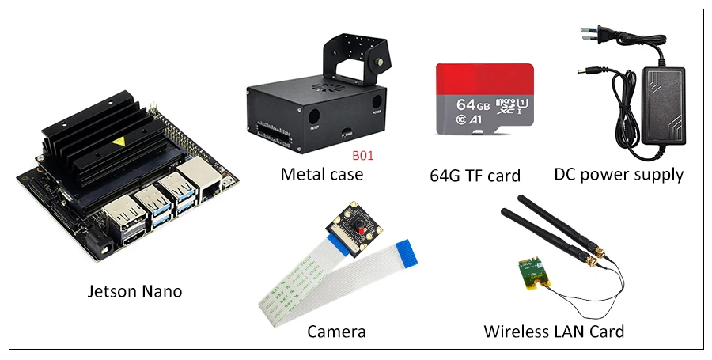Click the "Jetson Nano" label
point(134,291)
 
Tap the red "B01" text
point(362,155)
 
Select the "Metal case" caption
point(321,174)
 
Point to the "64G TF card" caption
point(475,176)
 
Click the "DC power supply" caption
point(619,174)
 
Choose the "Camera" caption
point(336,331)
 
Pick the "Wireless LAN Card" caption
point(554,331)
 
